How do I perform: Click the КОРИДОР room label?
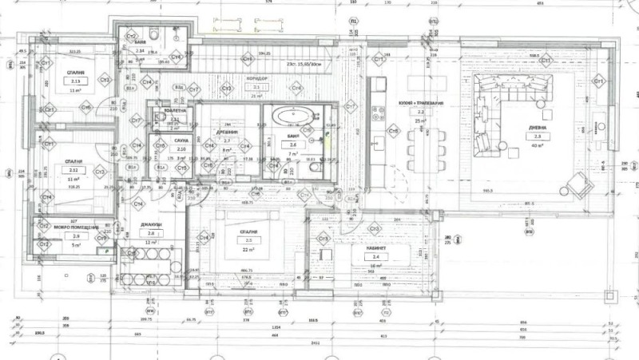[256, 79]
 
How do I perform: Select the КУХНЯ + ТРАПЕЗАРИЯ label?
[422, 104]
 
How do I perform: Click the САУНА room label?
[181, 140]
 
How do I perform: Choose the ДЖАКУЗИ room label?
[152, 224]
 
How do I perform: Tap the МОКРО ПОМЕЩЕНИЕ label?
[76, 227]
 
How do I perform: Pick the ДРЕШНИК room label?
[228, 132]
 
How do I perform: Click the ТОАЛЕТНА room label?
[175, 110]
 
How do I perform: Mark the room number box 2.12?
[74, 170]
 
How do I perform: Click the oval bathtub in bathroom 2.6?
[293, 117]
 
